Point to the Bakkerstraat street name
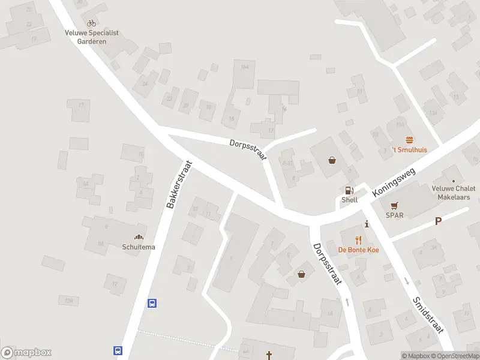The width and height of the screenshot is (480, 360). click(179, 184)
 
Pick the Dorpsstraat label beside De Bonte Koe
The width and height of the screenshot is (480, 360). click(328, 263)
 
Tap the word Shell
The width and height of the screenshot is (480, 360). click(349, 200)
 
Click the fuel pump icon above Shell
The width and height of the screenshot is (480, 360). click(349, 190)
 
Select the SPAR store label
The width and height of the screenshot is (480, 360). click(394, 215)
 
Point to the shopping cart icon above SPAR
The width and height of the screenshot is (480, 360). click(395, 205)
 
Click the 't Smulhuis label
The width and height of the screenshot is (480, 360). click(410, 149)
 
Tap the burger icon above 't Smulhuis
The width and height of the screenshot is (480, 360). click(410, 140)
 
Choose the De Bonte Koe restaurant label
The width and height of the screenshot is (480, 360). click(358, 250)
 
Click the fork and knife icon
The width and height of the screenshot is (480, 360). click(358, 240)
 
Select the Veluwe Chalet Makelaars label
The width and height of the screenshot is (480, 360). click(453, 192)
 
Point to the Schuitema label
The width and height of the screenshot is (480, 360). click(139, 247)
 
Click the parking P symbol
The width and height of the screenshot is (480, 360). click(438, 221)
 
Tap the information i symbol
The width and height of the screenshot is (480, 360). click(367, 223)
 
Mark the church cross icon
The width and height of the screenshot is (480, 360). click(269, 355)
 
